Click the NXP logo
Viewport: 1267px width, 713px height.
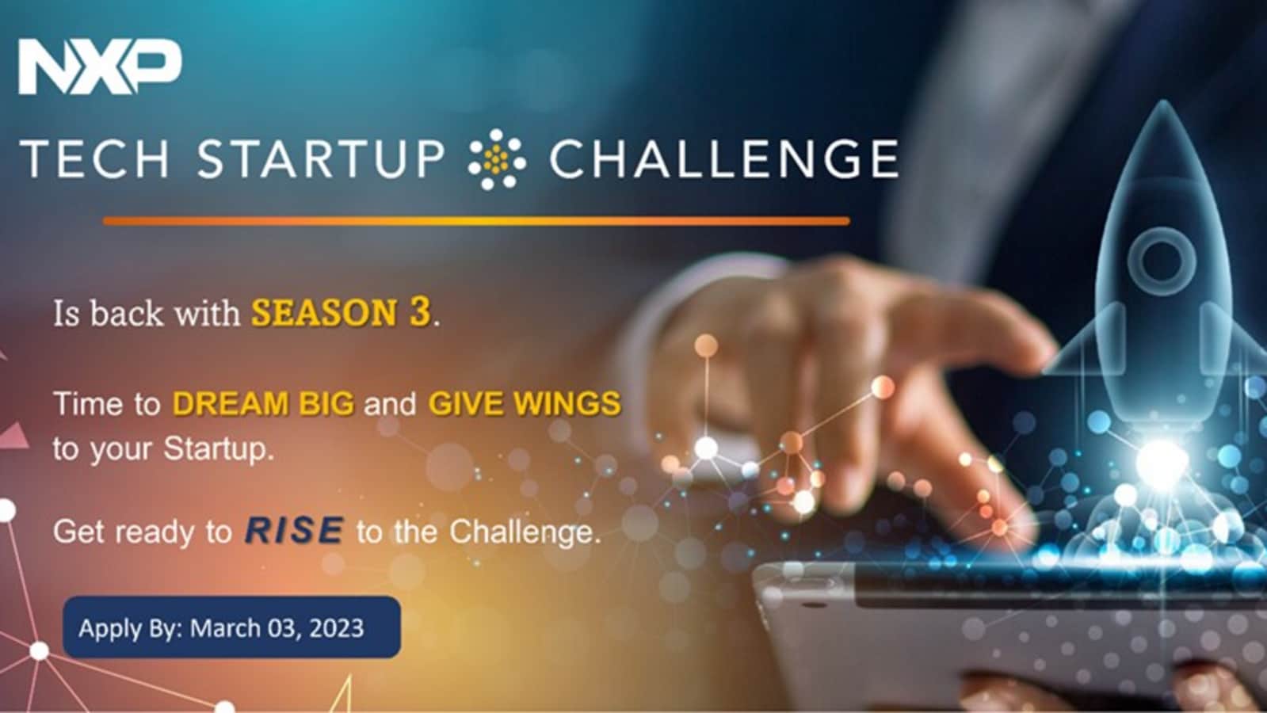tap(100, 67)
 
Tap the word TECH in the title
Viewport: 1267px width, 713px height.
tap(95, 159)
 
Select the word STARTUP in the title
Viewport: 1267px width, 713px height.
tap(321, 159)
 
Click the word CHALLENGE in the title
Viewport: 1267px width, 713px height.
tap(724, 159)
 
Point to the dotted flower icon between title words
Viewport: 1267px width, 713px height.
tap(497, 159)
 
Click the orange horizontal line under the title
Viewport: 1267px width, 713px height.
tap(476, 221)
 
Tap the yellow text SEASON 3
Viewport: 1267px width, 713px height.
tap(341, 312)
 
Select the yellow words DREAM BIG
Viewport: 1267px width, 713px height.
tap(263, 404)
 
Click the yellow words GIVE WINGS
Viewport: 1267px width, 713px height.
tap(525, 404)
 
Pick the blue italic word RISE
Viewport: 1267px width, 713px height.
tap(294, 530)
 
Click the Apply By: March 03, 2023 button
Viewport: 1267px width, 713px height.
tap(232, 627)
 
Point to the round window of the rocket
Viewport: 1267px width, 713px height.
tap(1162, 261)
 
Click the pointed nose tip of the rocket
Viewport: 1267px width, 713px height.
tap(1163, 102)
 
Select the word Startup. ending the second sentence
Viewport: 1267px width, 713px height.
tap(219, 450)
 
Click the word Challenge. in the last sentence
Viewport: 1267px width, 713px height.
tap(525, 532)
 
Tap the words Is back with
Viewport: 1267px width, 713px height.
tap(147, 313)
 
